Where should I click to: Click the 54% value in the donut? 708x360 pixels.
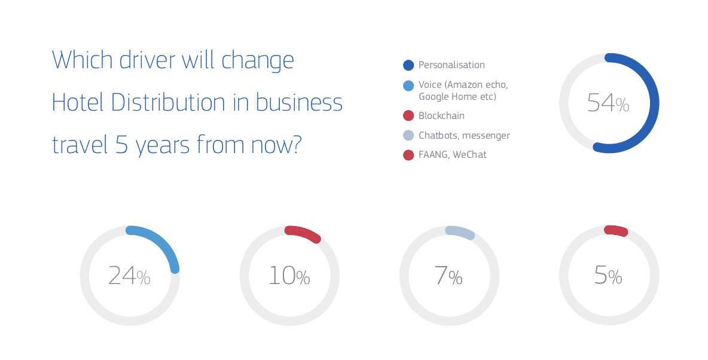point(608,103)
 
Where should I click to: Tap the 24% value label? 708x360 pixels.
point(129,276)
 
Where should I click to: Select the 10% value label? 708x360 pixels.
point(289,276)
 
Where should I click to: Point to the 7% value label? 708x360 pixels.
point(448,276)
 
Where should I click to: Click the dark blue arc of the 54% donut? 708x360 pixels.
point(654,103)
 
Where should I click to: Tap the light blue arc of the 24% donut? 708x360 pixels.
point(163,242)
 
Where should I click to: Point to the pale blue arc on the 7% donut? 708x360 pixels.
point(460,231)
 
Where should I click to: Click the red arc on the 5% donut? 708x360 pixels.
point(617,230)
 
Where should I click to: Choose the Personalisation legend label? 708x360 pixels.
point(451,65)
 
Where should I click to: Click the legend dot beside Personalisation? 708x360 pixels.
point(408,65)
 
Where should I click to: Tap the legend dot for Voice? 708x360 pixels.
point(408,86)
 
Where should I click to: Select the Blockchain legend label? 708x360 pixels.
point(441,115)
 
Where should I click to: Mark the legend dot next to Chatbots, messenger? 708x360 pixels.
point(408,136)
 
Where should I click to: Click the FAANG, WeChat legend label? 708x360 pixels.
point(453,154)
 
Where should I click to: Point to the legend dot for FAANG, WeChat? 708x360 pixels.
point(408,155)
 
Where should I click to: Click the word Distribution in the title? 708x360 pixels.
point(168,102)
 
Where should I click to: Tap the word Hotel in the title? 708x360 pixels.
point(78,102)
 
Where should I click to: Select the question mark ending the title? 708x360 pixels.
point(295,145)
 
